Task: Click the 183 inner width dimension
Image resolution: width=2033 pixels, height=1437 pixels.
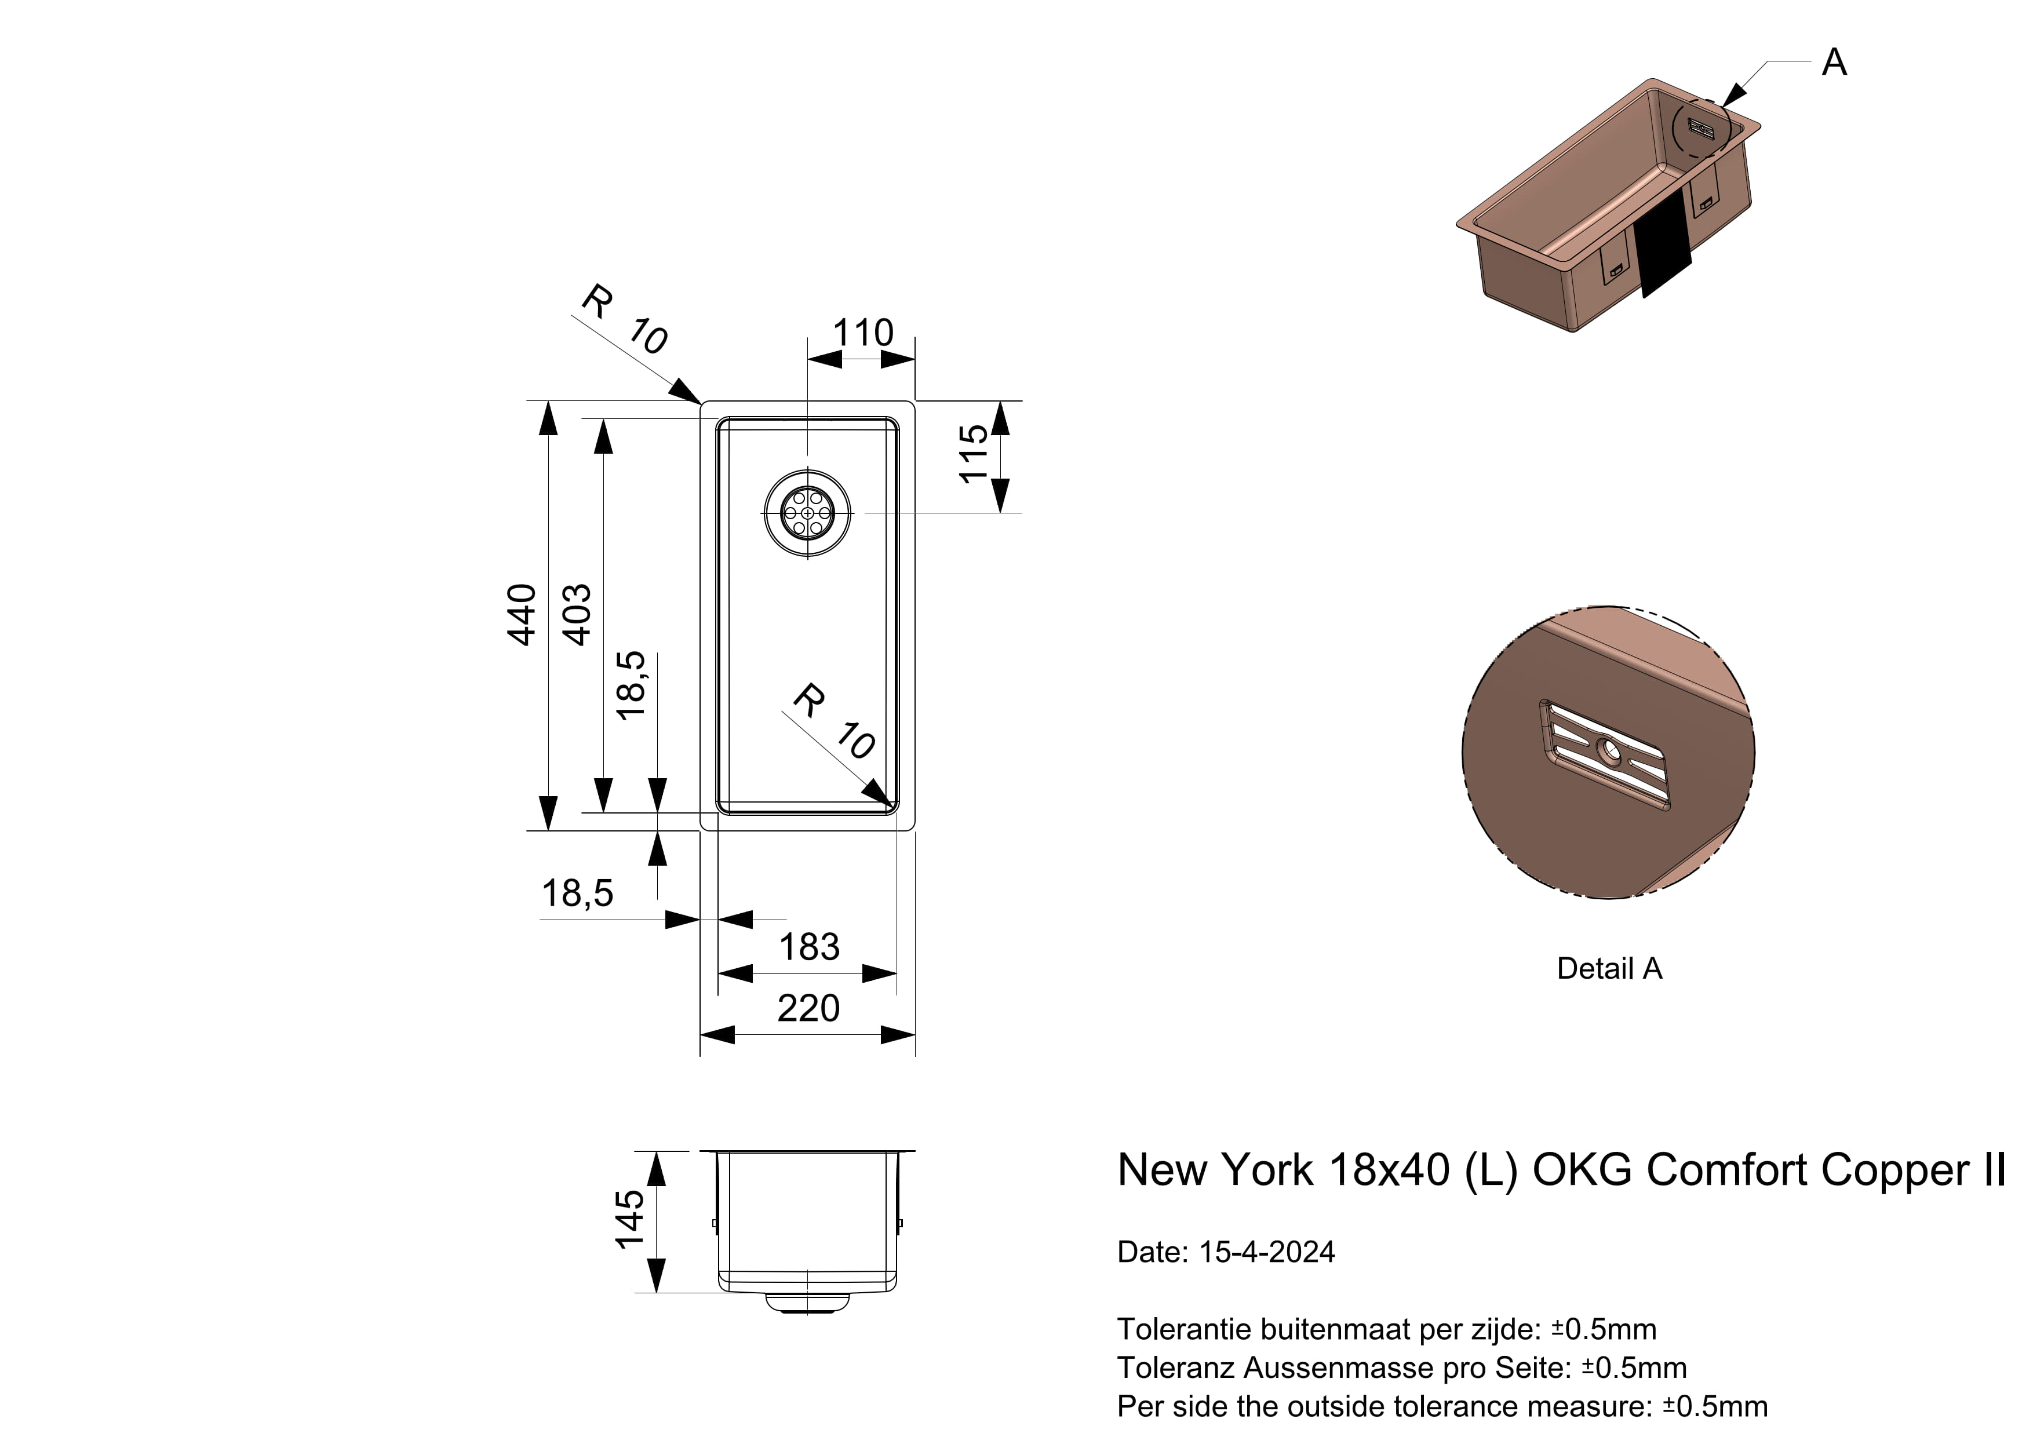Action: (x=808, y=947)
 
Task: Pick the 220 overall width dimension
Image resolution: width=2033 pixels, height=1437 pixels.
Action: (x=808, y=1008)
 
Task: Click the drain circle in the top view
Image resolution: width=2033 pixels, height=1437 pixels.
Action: (x=807, y=513)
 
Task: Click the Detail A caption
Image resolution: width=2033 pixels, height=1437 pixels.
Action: (x=1609, y=969)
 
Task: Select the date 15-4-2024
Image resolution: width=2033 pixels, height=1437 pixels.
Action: (x=1266, y=1252)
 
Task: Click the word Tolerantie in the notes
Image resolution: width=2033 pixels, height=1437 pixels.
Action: (x=1184, y=1329)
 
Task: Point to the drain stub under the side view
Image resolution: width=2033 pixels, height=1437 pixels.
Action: (x=807, y=1303)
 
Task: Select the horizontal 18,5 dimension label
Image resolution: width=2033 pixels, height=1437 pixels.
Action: (x=577, y=893)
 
